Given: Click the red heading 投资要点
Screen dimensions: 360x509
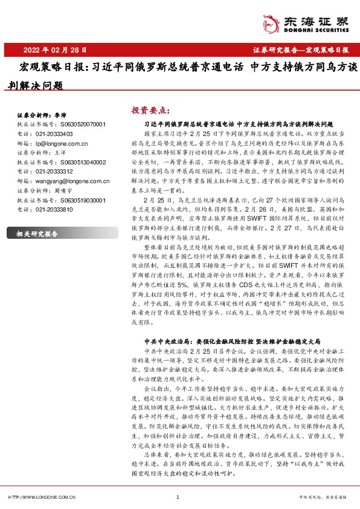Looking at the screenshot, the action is point(149,110).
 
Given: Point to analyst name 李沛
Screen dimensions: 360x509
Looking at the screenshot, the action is point(60,114).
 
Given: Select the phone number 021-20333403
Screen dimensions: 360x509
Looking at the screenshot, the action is point(54,134).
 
